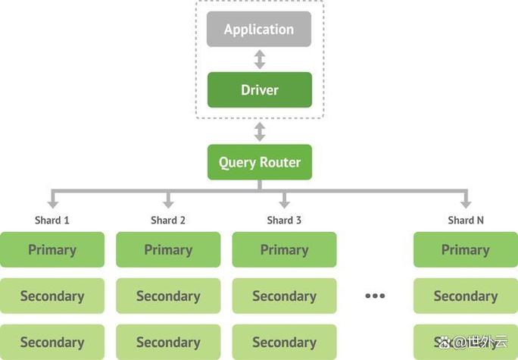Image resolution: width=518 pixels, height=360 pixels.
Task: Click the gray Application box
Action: [x=259, y=30]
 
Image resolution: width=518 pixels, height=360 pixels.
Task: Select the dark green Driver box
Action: [x=259, y=90]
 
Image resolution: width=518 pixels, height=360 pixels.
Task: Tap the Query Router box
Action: [x=259, y=162]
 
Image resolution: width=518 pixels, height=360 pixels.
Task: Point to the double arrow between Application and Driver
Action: [x=259, y=59]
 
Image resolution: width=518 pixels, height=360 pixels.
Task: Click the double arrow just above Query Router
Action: [x=259, y=132]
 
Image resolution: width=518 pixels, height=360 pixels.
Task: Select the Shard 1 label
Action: [x=52, y=221]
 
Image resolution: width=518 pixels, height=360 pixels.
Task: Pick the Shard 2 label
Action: [x=168, y=221]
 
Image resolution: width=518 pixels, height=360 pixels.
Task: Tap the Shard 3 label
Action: [x=284, y=221]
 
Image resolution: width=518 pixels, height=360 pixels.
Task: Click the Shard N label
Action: [x=466, y=221]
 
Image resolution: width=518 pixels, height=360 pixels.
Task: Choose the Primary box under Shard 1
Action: [x=52, y=250]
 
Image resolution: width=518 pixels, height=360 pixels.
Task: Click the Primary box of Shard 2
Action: [x=168, y=250]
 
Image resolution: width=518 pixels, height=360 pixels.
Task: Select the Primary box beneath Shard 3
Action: [x=284, y=250]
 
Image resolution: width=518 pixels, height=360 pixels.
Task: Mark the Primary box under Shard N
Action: [x=466, y=250]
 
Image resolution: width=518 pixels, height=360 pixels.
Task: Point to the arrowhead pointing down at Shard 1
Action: [x=52, y=203]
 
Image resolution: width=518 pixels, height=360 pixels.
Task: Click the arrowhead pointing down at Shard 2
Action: [x=168, y=203]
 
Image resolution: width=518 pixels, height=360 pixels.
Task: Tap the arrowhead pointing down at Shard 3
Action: [x=284, y=203]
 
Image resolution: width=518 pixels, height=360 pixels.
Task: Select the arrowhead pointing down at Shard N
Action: [x=466, y=203]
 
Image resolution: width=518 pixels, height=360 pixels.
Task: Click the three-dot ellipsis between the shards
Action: [x=375, y=296]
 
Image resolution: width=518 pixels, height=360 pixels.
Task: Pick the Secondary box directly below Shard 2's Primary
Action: [x=168, y=296]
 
